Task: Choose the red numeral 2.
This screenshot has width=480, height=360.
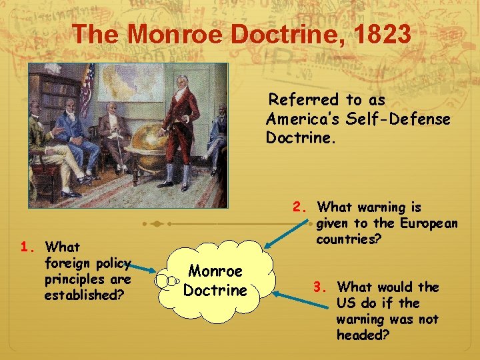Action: tap(299, 207)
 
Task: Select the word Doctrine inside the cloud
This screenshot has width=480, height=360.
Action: tap(215, 291)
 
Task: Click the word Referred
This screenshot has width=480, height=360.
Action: tap(303, 100)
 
